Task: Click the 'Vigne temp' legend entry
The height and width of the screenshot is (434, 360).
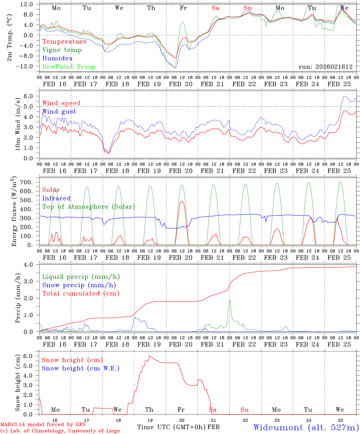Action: pyautogui.click(x=62, y=50)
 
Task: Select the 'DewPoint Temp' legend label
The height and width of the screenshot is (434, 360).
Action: pyautogui.click(x=69, y=67)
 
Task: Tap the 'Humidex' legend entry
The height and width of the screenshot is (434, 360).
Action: pyautogui.click(x=57, y=58)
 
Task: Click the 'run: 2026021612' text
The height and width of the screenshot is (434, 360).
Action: pyautogui.click(x=325, y=67)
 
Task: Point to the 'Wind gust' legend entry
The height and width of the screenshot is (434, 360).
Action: pyautogui.click(x=59, y=112)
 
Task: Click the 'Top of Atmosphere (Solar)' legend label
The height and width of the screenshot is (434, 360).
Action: pyautogui.click(x=88, y=207)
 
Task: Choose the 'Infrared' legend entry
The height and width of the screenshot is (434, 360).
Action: pyautogui.click(x=56, y=198)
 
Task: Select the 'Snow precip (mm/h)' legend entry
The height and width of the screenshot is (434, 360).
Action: pyautogui.click(x=79, y=285)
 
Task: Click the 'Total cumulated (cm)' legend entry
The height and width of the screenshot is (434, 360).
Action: pyautogui.click(x=81, y=294)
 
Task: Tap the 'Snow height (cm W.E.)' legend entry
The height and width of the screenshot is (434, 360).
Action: pyautogui.click(x=80, y=368)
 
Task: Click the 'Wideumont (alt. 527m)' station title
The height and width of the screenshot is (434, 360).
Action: pyautogui.click(x=306, y=427)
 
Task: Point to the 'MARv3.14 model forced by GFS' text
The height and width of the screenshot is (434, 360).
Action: pyautogui.click(x=43, y=425)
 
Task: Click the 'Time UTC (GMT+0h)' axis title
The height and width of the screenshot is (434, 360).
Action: pyautogui.click(x=172, y=427)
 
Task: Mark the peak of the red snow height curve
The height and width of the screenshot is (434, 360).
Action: pyautogui.click(x=149, y=356)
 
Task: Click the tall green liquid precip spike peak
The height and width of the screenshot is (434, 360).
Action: pyautogui.click(x=230, y=300)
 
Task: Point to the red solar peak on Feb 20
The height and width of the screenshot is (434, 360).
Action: pyautogui.click(x=182, y=201)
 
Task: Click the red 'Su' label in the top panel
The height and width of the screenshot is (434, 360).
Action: pyautogui.click(x=248, y=8)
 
